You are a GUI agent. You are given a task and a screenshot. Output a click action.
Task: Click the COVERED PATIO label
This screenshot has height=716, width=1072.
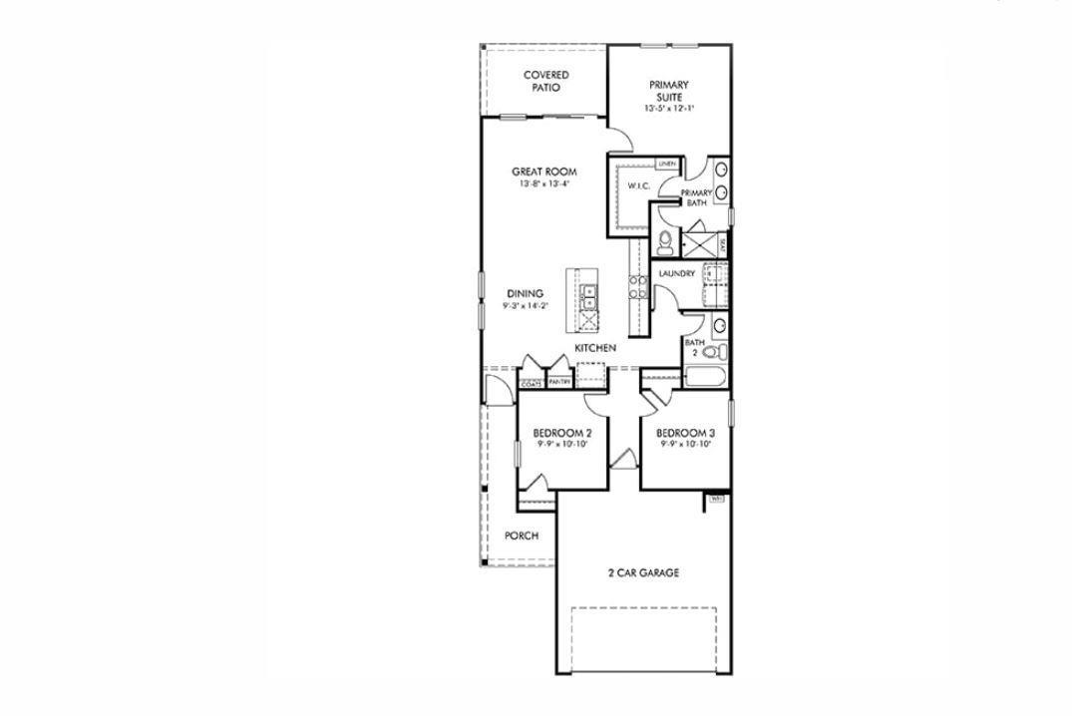coord(545,81)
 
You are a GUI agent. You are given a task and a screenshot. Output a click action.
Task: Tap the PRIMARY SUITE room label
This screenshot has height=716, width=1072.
coord(668,91)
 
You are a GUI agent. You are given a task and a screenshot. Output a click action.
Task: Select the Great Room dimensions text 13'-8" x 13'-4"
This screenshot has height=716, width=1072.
coord(544,184)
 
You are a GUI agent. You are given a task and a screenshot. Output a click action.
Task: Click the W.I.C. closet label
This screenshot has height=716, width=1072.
coord(638,186)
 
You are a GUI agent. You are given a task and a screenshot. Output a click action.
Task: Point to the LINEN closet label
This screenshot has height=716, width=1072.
coord(667,164)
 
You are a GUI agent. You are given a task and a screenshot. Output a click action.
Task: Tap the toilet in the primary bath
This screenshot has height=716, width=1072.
coord(666,239)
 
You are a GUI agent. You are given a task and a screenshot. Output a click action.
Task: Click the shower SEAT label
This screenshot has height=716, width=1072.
coord(723,241)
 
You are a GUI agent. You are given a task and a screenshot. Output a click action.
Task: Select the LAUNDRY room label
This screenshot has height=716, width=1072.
coord(676,273)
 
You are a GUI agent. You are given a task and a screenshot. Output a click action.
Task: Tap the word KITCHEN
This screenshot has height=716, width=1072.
coord(594,348)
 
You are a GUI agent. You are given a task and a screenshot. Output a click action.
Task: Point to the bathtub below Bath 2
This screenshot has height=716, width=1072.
coord(706,376)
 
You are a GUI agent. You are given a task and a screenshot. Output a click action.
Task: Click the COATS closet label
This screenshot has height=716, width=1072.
coord(532,382)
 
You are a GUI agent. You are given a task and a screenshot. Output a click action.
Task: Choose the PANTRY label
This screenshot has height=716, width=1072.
coord(559,382)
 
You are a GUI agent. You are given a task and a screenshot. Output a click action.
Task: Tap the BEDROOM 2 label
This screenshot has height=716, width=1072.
coord(562,433)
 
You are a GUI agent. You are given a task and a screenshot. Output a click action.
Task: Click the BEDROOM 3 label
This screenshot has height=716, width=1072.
coord(685,433)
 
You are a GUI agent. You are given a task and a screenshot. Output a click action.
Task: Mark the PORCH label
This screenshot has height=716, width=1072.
coord(522,536)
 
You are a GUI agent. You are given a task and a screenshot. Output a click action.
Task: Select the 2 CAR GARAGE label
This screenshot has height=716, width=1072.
coord(643,572)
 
